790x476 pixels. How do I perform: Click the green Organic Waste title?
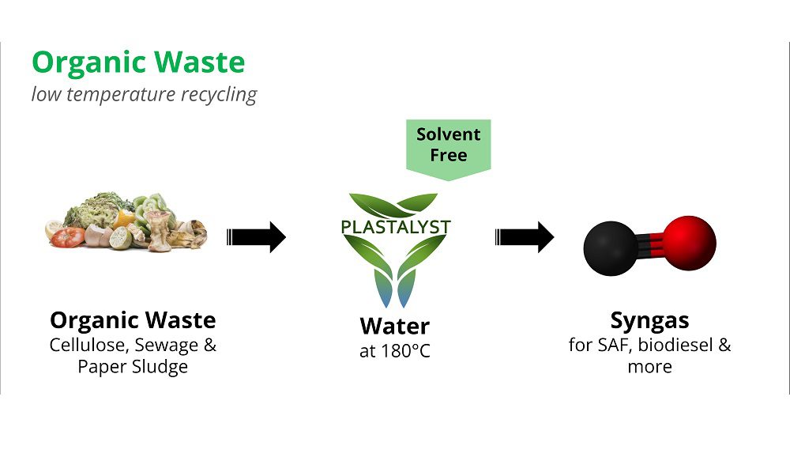pos(138,62)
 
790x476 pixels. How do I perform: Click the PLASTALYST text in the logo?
pos(396,227)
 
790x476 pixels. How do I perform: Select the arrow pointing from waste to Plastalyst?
pos(256,236)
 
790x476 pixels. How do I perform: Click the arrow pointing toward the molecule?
pos(525,236)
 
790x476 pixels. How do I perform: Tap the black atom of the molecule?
pos(611,248)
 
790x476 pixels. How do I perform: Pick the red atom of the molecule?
pos(689,243)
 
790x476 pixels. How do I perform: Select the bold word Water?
pos(394,326)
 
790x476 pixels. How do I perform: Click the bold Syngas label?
pos(649,321)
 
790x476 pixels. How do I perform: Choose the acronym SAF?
pos(614,346)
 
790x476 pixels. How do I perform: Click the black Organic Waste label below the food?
pos(133,320)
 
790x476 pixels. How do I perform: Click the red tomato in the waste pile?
pos(68,237)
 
